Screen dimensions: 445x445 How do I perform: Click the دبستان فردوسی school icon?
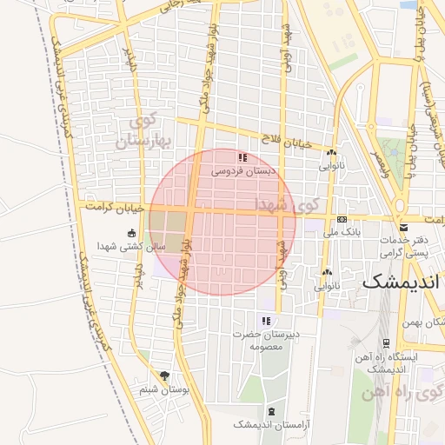point(242,157)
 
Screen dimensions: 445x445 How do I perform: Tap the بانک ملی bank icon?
point(342,219)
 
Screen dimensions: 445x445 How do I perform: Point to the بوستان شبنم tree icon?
point(166,375)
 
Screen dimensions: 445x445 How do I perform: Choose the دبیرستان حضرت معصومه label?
point(267,340)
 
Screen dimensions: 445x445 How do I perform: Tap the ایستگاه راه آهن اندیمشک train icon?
point(384,342)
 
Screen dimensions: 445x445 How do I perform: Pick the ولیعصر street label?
point(379,162)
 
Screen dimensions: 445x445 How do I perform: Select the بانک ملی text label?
point(341,232)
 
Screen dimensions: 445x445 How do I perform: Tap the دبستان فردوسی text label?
point(243,172)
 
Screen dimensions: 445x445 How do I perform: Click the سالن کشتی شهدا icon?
point(130,233)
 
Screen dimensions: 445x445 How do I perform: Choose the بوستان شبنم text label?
point(164,391)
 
